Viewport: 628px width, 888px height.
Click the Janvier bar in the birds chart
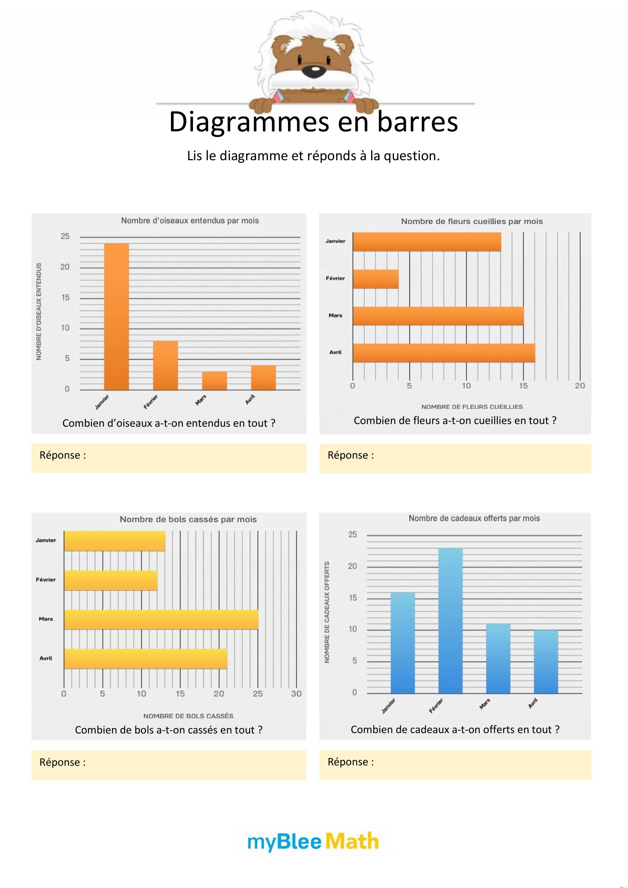tap(117, 316)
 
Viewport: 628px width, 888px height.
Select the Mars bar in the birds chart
tap(214, 380)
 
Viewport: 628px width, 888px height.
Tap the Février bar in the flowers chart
tap(376, 279)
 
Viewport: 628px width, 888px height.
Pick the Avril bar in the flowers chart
tap(444, 353)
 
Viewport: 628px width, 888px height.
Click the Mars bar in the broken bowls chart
tap(161, 619)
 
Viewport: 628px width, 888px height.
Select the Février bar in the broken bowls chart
tap(111, 580)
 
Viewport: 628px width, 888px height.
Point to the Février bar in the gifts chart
tap(451, 620)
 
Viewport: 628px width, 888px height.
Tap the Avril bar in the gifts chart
tap(546, 662)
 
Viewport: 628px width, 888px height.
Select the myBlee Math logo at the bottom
tap(313, 842)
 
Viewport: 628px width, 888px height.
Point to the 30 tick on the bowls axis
tap(296, 694)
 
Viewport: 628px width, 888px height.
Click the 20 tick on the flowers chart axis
tap(580, 386)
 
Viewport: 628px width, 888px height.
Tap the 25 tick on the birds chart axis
tap(65, 236)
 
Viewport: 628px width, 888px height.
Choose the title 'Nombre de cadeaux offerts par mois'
tap(474, 518)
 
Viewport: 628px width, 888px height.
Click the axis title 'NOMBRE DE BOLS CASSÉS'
tap(188, 716)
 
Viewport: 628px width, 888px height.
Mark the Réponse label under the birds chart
tap(63, 455)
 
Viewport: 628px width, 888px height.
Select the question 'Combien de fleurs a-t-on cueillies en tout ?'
tap(455, 421)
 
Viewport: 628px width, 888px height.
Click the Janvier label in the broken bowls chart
tap(46, 540)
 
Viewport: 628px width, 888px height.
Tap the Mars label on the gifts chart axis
tap(485, 704)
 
